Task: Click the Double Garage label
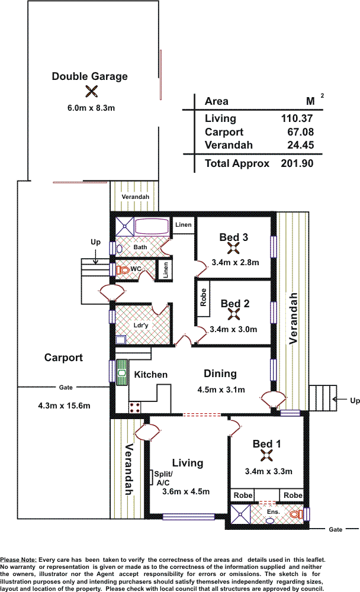(x=89, y=76)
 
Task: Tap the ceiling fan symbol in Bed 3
(x=233, y=248)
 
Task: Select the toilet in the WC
(x=123, y=270)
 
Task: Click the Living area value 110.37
(x=297, y=118)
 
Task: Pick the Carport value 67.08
(x=301, y=132)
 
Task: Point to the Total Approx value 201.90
(x=297, y=163)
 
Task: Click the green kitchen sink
(x=122, y=372)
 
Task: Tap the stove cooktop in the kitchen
(x=135, y=407)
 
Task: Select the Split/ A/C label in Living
(x=163, y=478)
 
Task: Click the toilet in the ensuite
(x=296, y=514)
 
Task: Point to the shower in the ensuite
(x=240, y=514)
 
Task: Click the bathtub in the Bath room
(x=152, y=227)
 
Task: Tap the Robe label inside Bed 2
(x=204, y=298)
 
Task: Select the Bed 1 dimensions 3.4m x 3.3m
(x=269, y=472)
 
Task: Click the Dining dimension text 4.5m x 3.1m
(x=221, y=390)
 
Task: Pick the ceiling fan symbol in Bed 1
(x=266, y=455)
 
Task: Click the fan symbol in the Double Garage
(x=91, y=91)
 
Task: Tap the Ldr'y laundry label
(x=141, y=326)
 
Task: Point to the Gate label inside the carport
(x=66, y=387)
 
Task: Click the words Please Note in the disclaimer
(x=18, y=560)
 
